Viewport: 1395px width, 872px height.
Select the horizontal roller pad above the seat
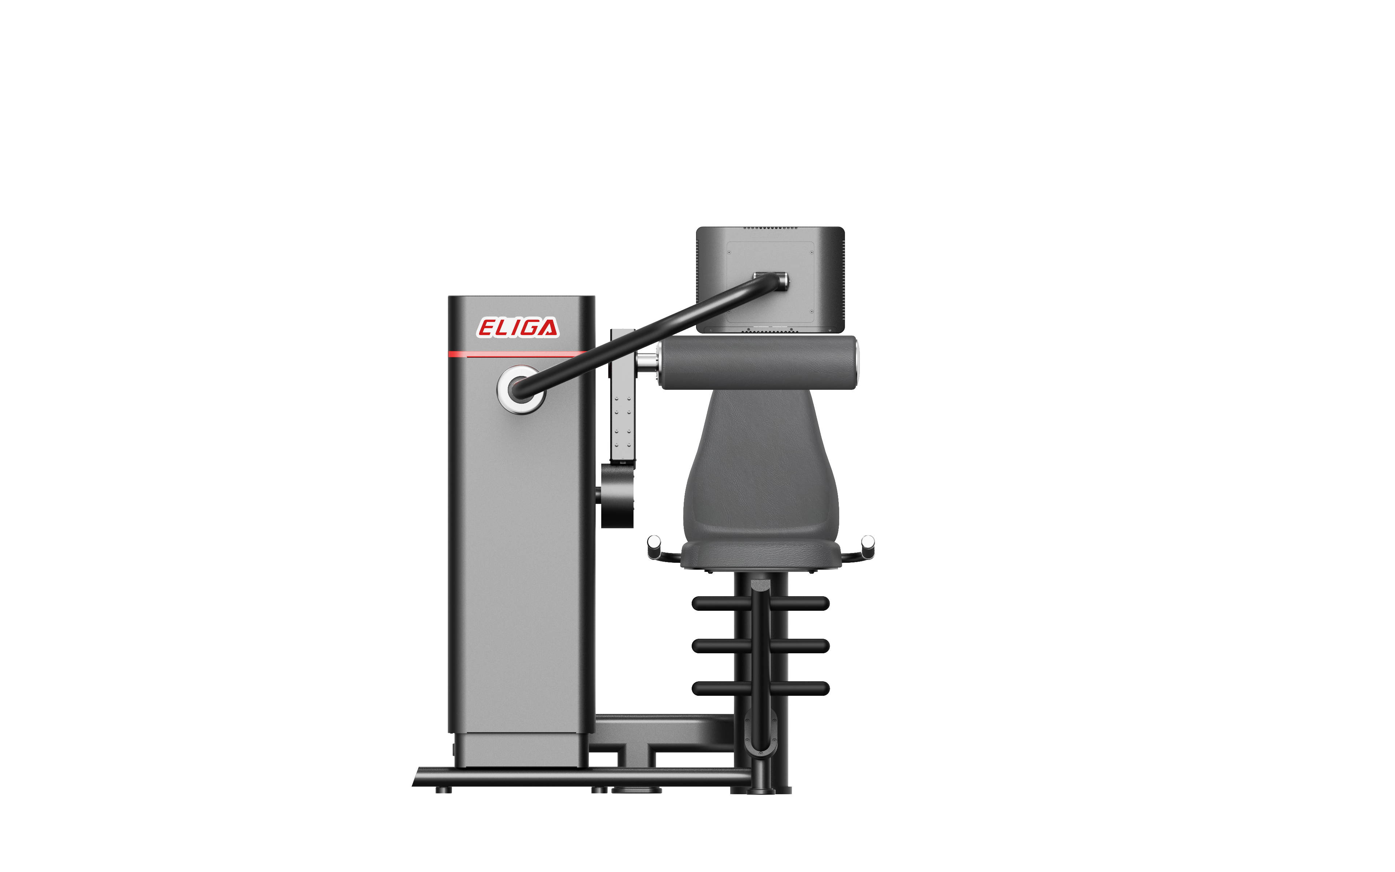[x=758, y=363]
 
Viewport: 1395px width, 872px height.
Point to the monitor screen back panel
[x=770, y=280]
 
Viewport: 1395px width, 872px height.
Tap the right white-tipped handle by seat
[x=867, y=546]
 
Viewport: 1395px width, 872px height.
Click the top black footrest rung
[x=760, y=603]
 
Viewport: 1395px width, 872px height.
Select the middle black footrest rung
[x=760, y=646]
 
